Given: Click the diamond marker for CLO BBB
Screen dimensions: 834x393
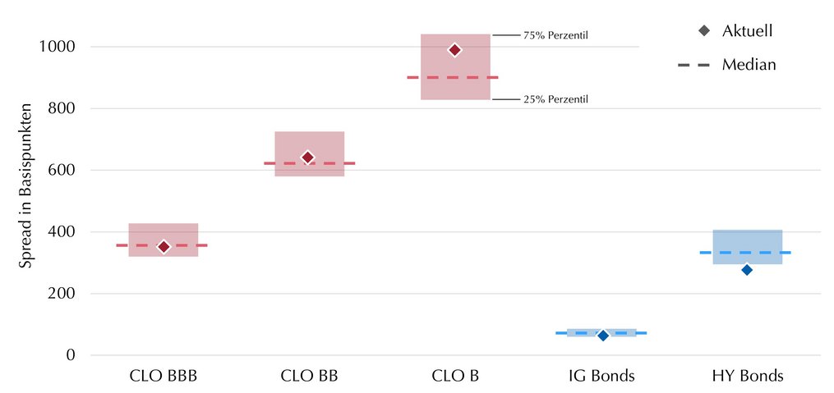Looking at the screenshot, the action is tap(164, 246).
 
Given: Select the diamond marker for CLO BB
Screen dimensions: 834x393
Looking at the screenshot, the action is tap(307, 158).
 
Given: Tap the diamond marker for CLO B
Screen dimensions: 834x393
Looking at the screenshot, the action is tap(454, 50).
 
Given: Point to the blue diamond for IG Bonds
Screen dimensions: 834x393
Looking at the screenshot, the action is tap(603, 335).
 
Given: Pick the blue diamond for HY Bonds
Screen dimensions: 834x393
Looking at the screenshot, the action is tap(747, 270).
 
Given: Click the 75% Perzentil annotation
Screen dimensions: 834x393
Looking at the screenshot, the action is tap(555, 36).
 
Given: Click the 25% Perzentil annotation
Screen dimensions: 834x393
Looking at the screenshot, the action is tap(555, 99).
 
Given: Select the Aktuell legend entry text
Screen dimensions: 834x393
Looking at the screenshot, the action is tap(747, 31).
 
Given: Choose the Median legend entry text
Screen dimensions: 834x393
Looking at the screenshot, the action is tap(749, 65).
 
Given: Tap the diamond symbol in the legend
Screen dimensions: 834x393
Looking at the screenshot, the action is tap(705, 31).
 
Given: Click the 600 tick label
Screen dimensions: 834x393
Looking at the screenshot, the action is tap(61, 170).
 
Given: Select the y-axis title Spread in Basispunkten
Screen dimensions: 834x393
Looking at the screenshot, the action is tap(25, 186).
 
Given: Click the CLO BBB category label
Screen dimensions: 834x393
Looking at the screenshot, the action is tap(164, 376).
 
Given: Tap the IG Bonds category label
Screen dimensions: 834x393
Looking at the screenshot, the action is tap(601, 376).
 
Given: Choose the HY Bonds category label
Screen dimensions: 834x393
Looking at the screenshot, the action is tap(748, 376).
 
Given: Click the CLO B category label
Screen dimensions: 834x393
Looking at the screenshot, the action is tap(455, 376).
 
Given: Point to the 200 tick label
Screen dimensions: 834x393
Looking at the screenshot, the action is tap(61, 294).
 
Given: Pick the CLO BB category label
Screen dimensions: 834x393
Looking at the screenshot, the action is tap(309, 376).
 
